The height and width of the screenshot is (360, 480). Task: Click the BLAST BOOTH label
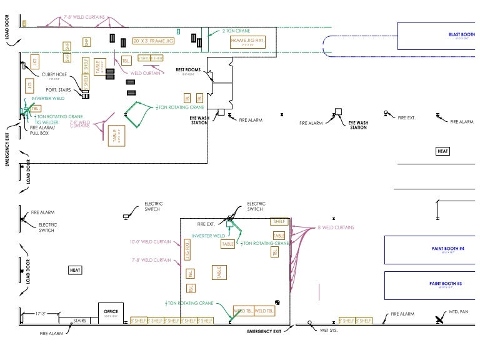coord(462,34)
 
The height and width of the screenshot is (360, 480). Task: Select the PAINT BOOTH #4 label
coord(447,249)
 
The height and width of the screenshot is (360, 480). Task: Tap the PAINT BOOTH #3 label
coord(446,284)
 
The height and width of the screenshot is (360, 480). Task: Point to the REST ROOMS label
coord(187,70)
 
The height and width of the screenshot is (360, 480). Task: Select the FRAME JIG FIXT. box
coord(247,43)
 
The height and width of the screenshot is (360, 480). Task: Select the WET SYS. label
coord(329,329)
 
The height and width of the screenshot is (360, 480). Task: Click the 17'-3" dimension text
coord(42,313)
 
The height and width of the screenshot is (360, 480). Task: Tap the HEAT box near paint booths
coord(442,151)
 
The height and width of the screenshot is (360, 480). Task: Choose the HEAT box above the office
coord(75,270)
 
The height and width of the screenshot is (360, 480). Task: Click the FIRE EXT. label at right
coord(406,117)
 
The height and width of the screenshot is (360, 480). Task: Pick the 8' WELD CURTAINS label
coord(335,228)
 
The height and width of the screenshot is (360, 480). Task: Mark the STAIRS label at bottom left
coord(79,321)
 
